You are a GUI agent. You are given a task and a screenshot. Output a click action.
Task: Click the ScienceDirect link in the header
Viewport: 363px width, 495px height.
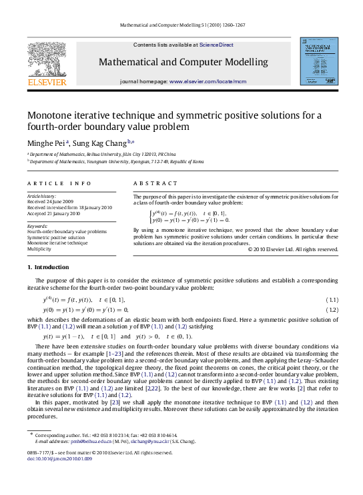(217, 45)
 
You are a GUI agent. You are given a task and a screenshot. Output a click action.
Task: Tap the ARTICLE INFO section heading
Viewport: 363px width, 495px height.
(59, 183)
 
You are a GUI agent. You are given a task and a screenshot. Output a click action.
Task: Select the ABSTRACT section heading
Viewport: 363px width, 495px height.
(155, 183)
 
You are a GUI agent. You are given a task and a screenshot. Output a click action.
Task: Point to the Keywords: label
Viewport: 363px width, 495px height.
(37, 226)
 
